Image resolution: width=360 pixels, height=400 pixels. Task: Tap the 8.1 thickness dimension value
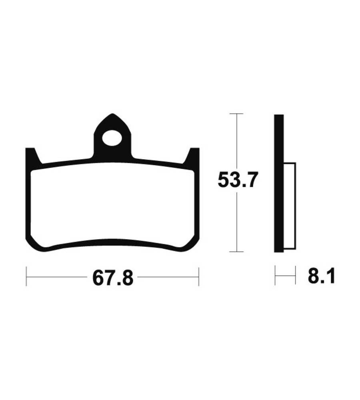coord(321,276)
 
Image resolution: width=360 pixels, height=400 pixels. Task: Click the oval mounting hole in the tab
coord(112,138)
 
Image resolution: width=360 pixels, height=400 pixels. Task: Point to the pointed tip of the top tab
coord(112,114)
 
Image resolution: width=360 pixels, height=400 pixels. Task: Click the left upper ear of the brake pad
coord(31,156)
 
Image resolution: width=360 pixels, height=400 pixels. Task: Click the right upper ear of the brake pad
coord(193,156)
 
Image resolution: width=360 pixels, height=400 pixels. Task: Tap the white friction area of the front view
coord(112,204)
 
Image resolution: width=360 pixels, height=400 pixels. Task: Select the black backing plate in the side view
coord(279,184)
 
